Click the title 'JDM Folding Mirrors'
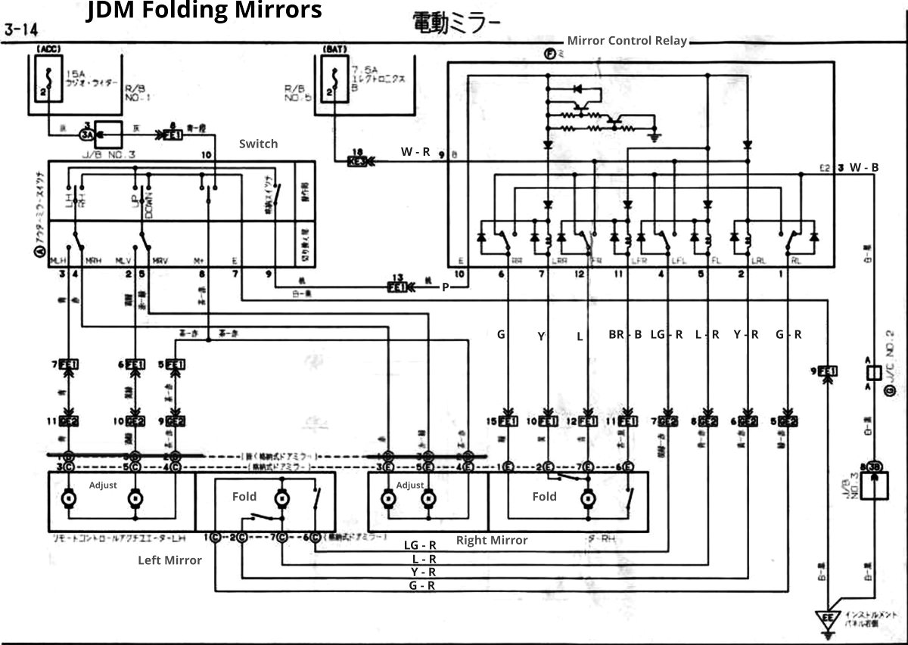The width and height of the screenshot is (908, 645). (204, 11)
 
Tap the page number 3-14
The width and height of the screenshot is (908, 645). (23, 31)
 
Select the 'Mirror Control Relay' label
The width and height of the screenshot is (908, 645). (627, 41)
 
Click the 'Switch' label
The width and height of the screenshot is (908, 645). (258, 144)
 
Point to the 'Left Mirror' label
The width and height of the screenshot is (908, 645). (169, 560)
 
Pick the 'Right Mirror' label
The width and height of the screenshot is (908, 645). (492, 540)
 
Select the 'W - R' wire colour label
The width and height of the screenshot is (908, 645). (415, 151)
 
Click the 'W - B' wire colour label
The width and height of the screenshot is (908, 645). (863, 167)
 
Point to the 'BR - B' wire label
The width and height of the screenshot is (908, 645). (625, 334)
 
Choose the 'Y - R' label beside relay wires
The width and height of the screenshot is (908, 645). (747, 334)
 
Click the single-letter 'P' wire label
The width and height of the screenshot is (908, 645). (446, 287)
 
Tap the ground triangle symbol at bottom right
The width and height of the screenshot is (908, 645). (829, 616)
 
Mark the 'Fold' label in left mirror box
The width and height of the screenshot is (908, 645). (244, 497)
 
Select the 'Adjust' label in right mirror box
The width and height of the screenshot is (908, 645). (410, 485)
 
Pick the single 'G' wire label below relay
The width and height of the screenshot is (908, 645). (500, 334)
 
